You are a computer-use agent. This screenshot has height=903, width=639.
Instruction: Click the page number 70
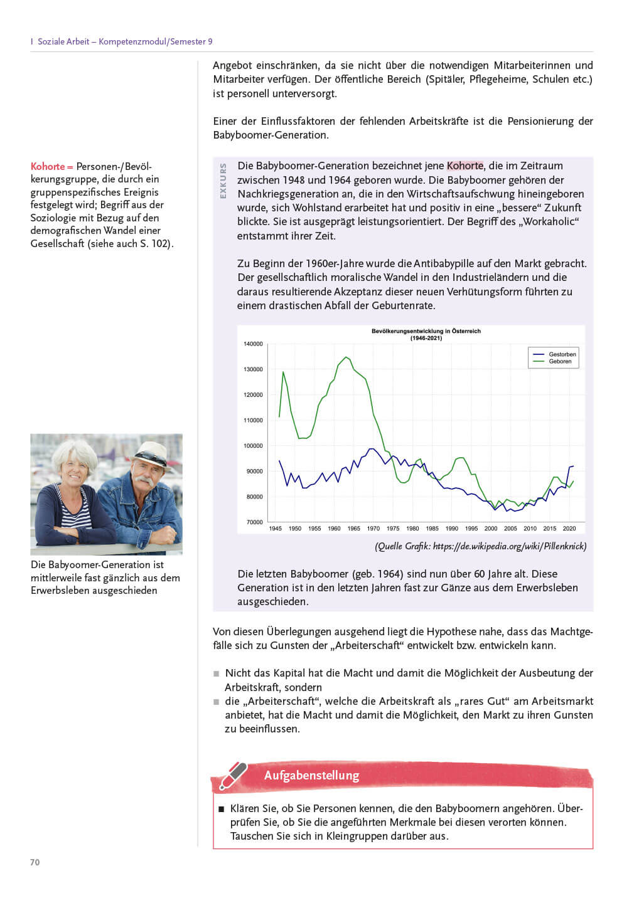[35, 862]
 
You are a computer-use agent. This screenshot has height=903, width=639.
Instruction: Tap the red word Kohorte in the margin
[48, 167]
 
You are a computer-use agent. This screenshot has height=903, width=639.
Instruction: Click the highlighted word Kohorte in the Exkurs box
[465, 166]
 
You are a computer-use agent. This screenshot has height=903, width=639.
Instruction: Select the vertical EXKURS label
[223, 181]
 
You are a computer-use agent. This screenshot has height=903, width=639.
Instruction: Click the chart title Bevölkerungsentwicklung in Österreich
[426, 331]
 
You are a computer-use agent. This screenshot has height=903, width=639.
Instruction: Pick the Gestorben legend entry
[562, 354]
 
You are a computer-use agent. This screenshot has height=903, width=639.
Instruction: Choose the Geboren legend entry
[560, 362]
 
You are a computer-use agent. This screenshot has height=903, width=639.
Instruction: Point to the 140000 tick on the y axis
[253, 344]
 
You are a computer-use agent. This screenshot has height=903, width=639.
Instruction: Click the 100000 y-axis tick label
[253, 446]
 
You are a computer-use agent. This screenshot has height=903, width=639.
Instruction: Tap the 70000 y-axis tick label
[254, 522]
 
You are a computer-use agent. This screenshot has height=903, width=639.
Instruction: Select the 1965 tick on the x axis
[354, 529]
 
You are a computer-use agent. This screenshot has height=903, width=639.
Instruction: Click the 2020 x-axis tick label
[569, 529]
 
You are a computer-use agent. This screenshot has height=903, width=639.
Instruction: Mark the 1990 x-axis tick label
[452, 529]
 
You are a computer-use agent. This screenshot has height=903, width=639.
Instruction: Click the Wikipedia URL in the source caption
[510, 546]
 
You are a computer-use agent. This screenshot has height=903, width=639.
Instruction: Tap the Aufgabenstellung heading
[311, 776]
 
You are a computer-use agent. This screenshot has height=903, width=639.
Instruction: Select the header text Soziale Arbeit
[63, 41]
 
